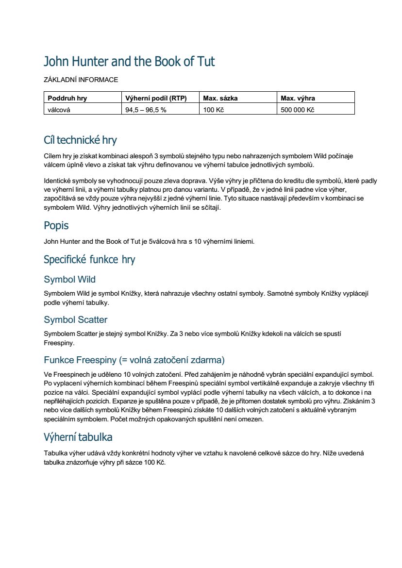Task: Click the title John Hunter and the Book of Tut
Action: [x=129, y=62]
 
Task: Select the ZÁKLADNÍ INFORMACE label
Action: [x=81, y=80]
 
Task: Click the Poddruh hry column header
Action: [x=67, y=98]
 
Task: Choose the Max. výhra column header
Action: [x=298, y=98]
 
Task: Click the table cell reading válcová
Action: [x=59, y=110]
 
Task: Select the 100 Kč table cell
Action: [x=213, y=110]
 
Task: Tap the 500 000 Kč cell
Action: [x=297, y=110]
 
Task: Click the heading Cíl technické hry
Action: [x=80, y=140]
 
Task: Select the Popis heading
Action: [x=56, y=226]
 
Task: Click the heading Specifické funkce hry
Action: [x=89, y=259]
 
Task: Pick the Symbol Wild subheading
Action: [x=69, y=280]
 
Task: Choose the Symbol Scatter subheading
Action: [x=75, y=320]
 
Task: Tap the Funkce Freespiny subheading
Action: [x=134, y=360]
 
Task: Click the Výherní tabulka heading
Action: [x=78, y=437]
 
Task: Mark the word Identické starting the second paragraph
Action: [x=57, y=181]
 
